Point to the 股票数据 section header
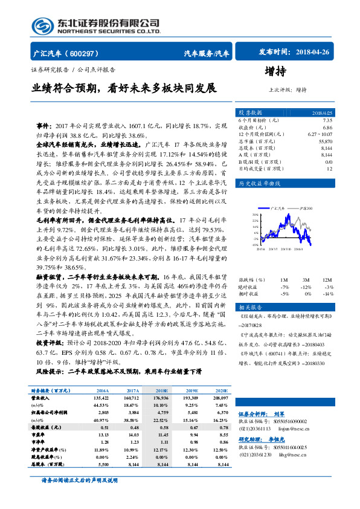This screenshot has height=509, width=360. [x=250, y=112]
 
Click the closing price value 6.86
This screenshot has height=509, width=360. [x=327, y=128]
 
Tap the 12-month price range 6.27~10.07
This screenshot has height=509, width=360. [x=320, y=134]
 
